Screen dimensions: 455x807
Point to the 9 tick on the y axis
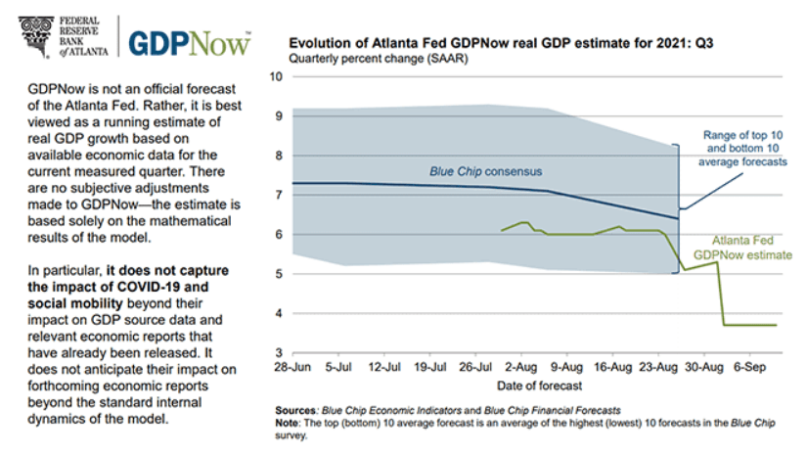279,116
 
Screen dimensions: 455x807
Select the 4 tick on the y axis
279,313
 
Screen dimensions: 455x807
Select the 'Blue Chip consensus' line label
486,172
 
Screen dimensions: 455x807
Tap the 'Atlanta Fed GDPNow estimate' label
742,246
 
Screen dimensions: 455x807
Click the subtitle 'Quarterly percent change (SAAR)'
377,59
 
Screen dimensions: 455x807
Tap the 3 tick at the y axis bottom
279,353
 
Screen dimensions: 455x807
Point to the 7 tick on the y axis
279,196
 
